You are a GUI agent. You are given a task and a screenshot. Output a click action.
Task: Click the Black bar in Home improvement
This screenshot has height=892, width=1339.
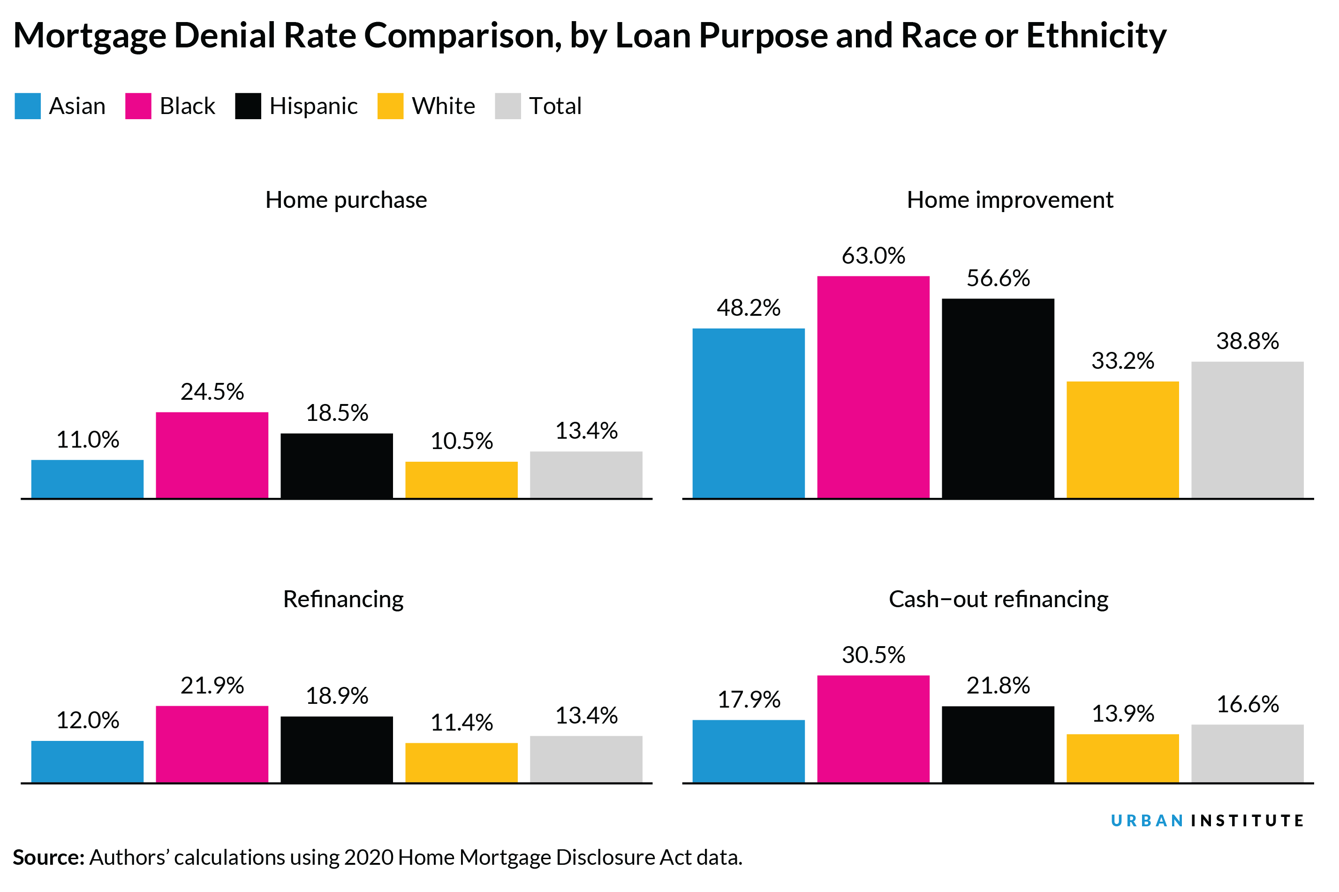coord(873,387)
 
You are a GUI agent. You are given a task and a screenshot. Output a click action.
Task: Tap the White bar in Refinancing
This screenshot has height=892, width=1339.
coord(461,763)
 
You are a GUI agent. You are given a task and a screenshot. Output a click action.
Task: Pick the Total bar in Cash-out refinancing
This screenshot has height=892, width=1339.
coord(1247,753)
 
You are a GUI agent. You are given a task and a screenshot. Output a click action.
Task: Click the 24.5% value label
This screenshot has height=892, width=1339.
coord(212,392)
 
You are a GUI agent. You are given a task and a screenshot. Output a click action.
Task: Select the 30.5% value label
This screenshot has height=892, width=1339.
coord(873,655)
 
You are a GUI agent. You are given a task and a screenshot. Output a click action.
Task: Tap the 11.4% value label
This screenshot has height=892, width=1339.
coord(461,723)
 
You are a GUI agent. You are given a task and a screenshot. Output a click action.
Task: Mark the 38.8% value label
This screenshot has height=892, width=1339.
coord(1247,341)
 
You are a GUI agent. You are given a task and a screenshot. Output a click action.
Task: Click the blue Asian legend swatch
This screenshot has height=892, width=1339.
coord(27,106)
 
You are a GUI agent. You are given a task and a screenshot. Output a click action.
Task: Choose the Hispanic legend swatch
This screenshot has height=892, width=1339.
coord(248,106)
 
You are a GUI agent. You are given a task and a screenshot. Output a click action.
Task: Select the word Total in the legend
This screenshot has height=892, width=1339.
coord(555,107)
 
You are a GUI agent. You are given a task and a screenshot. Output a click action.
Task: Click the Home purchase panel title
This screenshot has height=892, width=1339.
coord(346,200)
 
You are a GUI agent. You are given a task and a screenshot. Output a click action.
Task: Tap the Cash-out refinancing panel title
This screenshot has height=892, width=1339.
coord(998,599)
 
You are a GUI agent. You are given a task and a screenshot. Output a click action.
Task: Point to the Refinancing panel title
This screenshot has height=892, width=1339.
coord(343,599)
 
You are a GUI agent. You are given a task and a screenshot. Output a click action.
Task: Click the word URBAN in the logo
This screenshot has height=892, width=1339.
coord(1146,820)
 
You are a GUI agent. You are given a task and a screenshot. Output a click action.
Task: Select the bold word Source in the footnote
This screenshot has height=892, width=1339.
coord(48,857)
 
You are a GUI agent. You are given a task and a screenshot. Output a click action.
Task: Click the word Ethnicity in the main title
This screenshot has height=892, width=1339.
coord(1096,35)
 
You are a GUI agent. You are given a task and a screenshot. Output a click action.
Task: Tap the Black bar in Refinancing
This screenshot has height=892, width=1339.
coord(212,744)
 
